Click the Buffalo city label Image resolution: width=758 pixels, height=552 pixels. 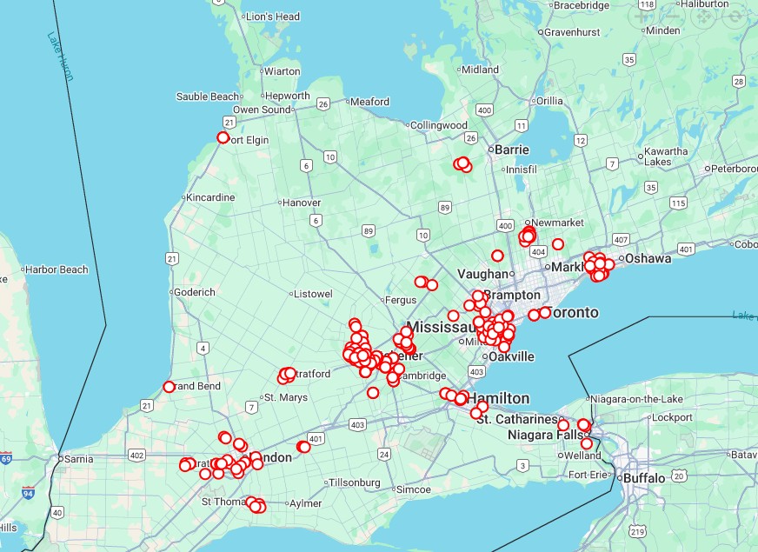644,478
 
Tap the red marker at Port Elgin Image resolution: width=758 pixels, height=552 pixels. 223,137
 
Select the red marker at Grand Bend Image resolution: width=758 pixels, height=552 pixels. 169,387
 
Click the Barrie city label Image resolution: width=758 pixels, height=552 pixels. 511,150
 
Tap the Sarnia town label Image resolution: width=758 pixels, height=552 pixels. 77,458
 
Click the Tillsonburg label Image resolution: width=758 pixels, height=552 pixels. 354,482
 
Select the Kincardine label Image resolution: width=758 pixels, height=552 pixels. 210,197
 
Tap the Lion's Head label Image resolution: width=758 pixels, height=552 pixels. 272,17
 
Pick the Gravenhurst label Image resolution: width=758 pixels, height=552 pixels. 572,32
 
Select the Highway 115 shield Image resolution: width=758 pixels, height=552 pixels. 678,203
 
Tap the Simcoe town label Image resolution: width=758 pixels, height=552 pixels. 413,489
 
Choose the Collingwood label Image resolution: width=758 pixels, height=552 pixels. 439,125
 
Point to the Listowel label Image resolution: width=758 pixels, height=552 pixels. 314,294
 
